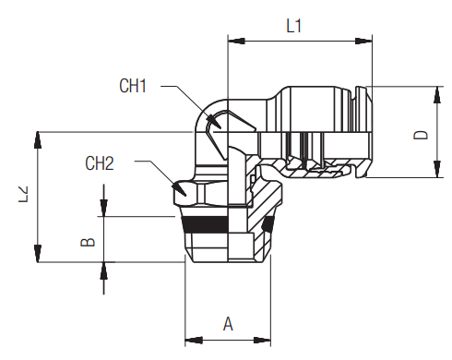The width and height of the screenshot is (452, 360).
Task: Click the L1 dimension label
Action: (293, 26)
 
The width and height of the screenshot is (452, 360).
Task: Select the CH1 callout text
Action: (134, 87)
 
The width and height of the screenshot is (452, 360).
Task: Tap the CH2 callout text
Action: (100, 163)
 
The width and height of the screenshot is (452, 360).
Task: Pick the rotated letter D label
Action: (422, 134)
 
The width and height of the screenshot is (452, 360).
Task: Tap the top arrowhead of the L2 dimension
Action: (38, 138)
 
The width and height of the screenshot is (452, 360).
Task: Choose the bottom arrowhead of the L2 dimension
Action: (38, 256)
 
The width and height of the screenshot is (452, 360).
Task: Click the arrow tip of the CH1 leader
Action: (215, 120)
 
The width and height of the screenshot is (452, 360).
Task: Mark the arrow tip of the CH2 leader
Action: (181, 191)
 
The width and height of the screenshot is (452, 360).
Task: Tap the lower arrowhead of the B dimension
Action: (104, 269)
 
